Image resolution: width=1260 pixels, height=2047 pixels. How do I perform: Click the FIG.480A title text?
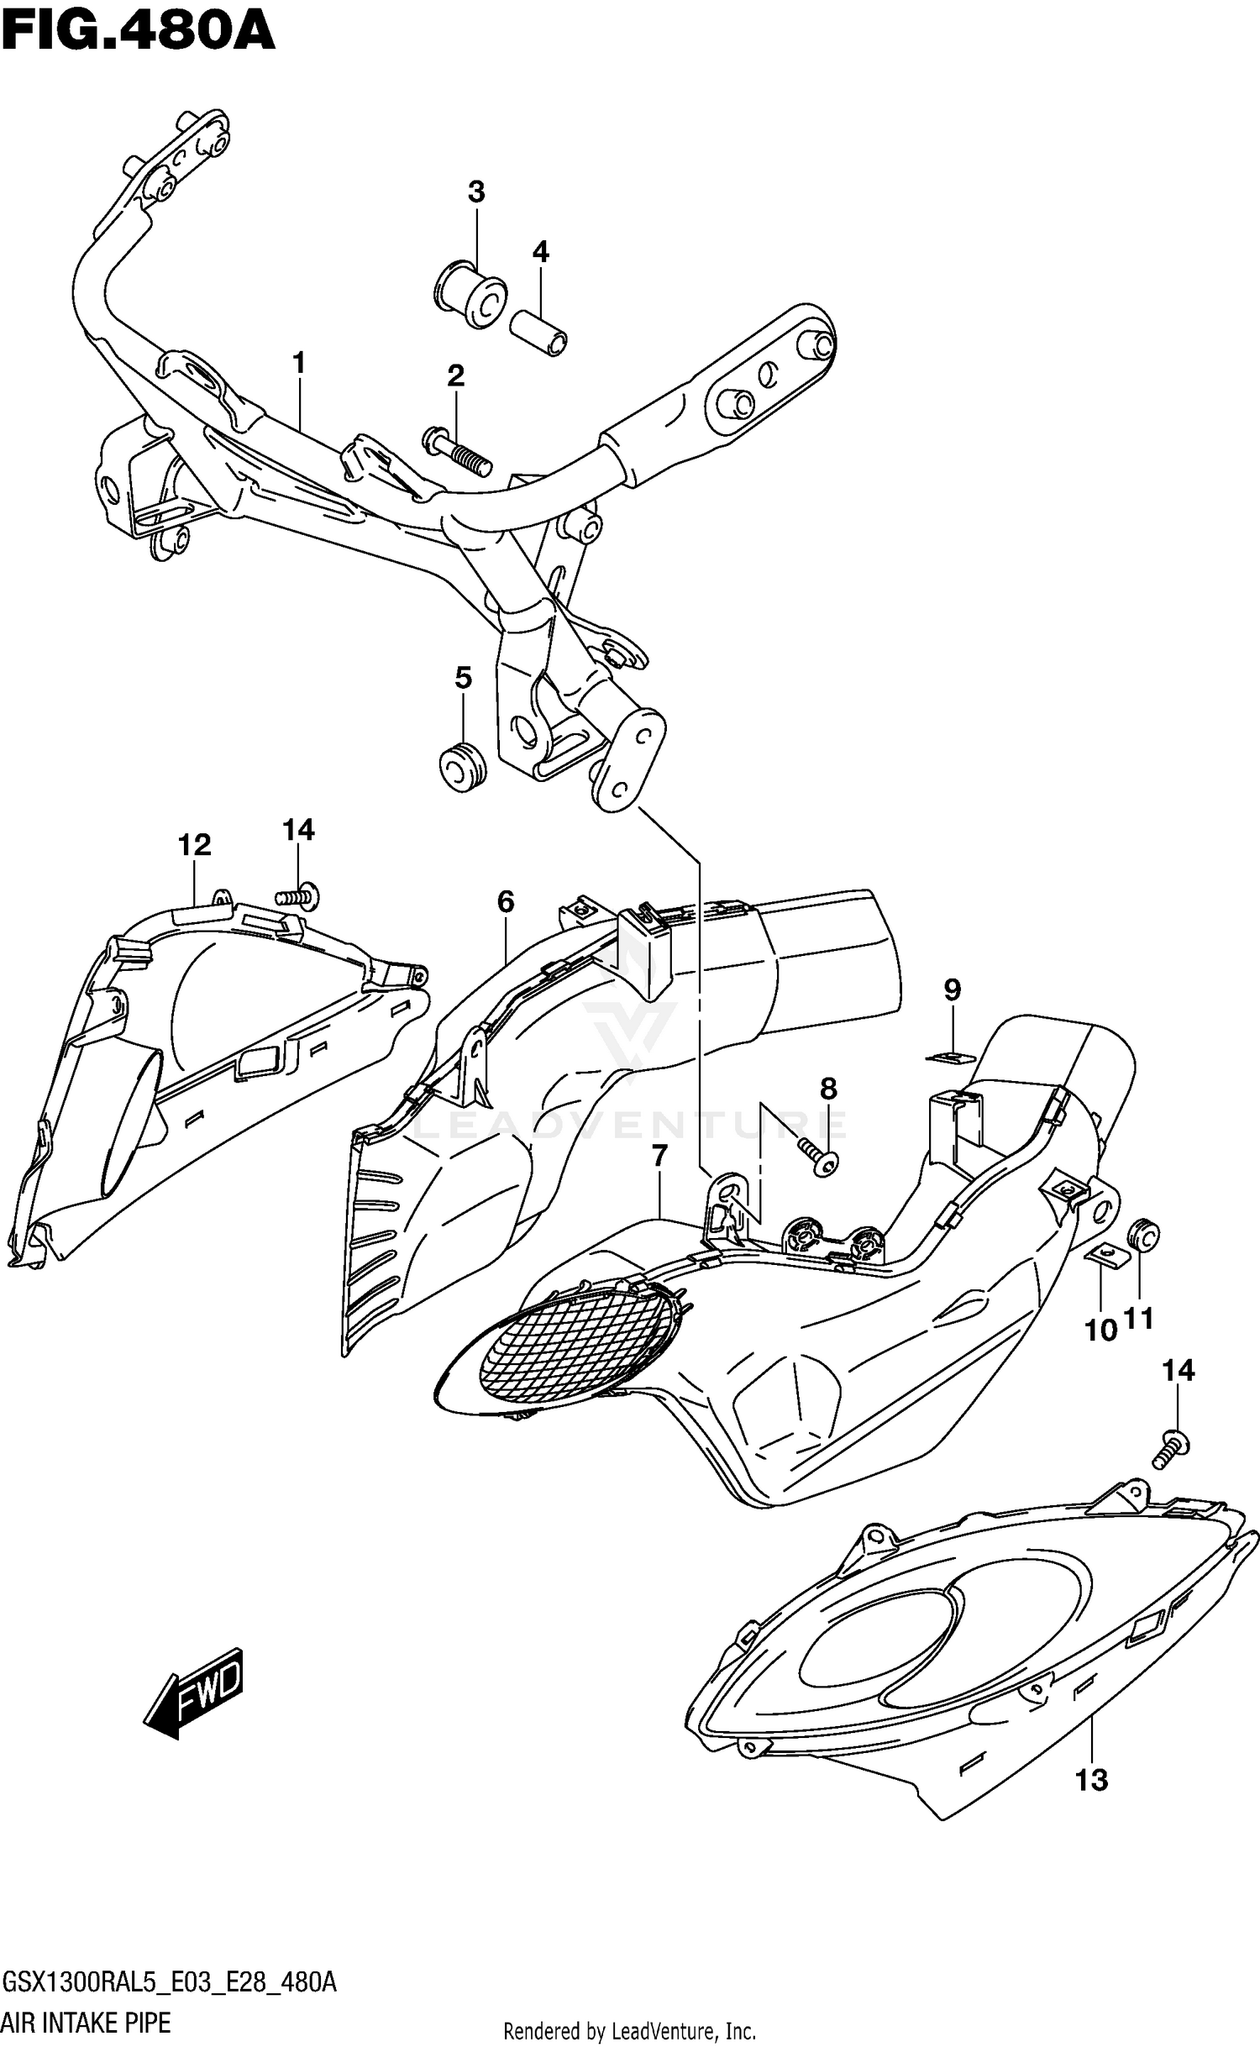click(139, 32)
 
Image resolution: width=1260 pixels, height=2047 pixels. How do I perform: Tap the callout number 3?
click(476, 192)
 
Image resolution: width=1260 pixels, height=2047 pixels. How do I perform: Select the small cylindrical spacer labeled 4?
click(538, 333)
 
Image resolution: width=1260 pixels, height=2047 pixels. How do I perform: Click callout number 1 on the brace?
click(298, 364)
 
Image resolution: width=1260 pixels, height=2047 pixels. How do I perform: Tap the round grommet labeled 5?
click(463, 764)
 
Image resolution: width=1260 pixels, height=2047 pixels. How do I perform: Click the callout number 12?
click(194, 845)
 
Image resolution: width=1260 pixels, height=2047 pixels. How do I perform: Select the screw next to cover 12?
click(298, 898)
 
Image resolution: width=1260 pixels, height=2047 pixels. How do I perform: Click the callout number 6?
click(505, 902)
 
